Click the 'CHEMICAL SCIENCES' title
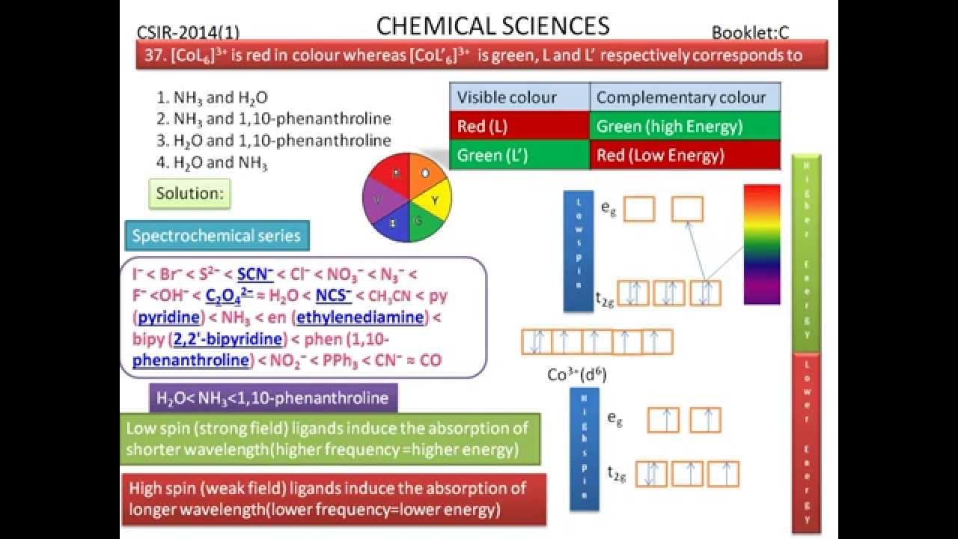click(492, 27)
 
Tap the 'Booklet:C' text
click(750, 32)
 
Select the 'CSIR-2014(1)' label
click(188, 32)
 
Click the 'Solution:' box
click(189, 194)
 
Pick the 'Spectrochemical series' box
click(216, 236)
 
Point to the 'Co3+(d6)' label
click(576, 375)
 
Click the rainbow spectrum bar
click(762, 244)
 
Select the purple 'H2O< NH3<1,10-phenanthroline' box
click(273, 398)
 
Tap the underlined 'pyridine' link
click(170, 317)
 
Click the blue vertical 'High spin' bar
click(585, 449)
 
